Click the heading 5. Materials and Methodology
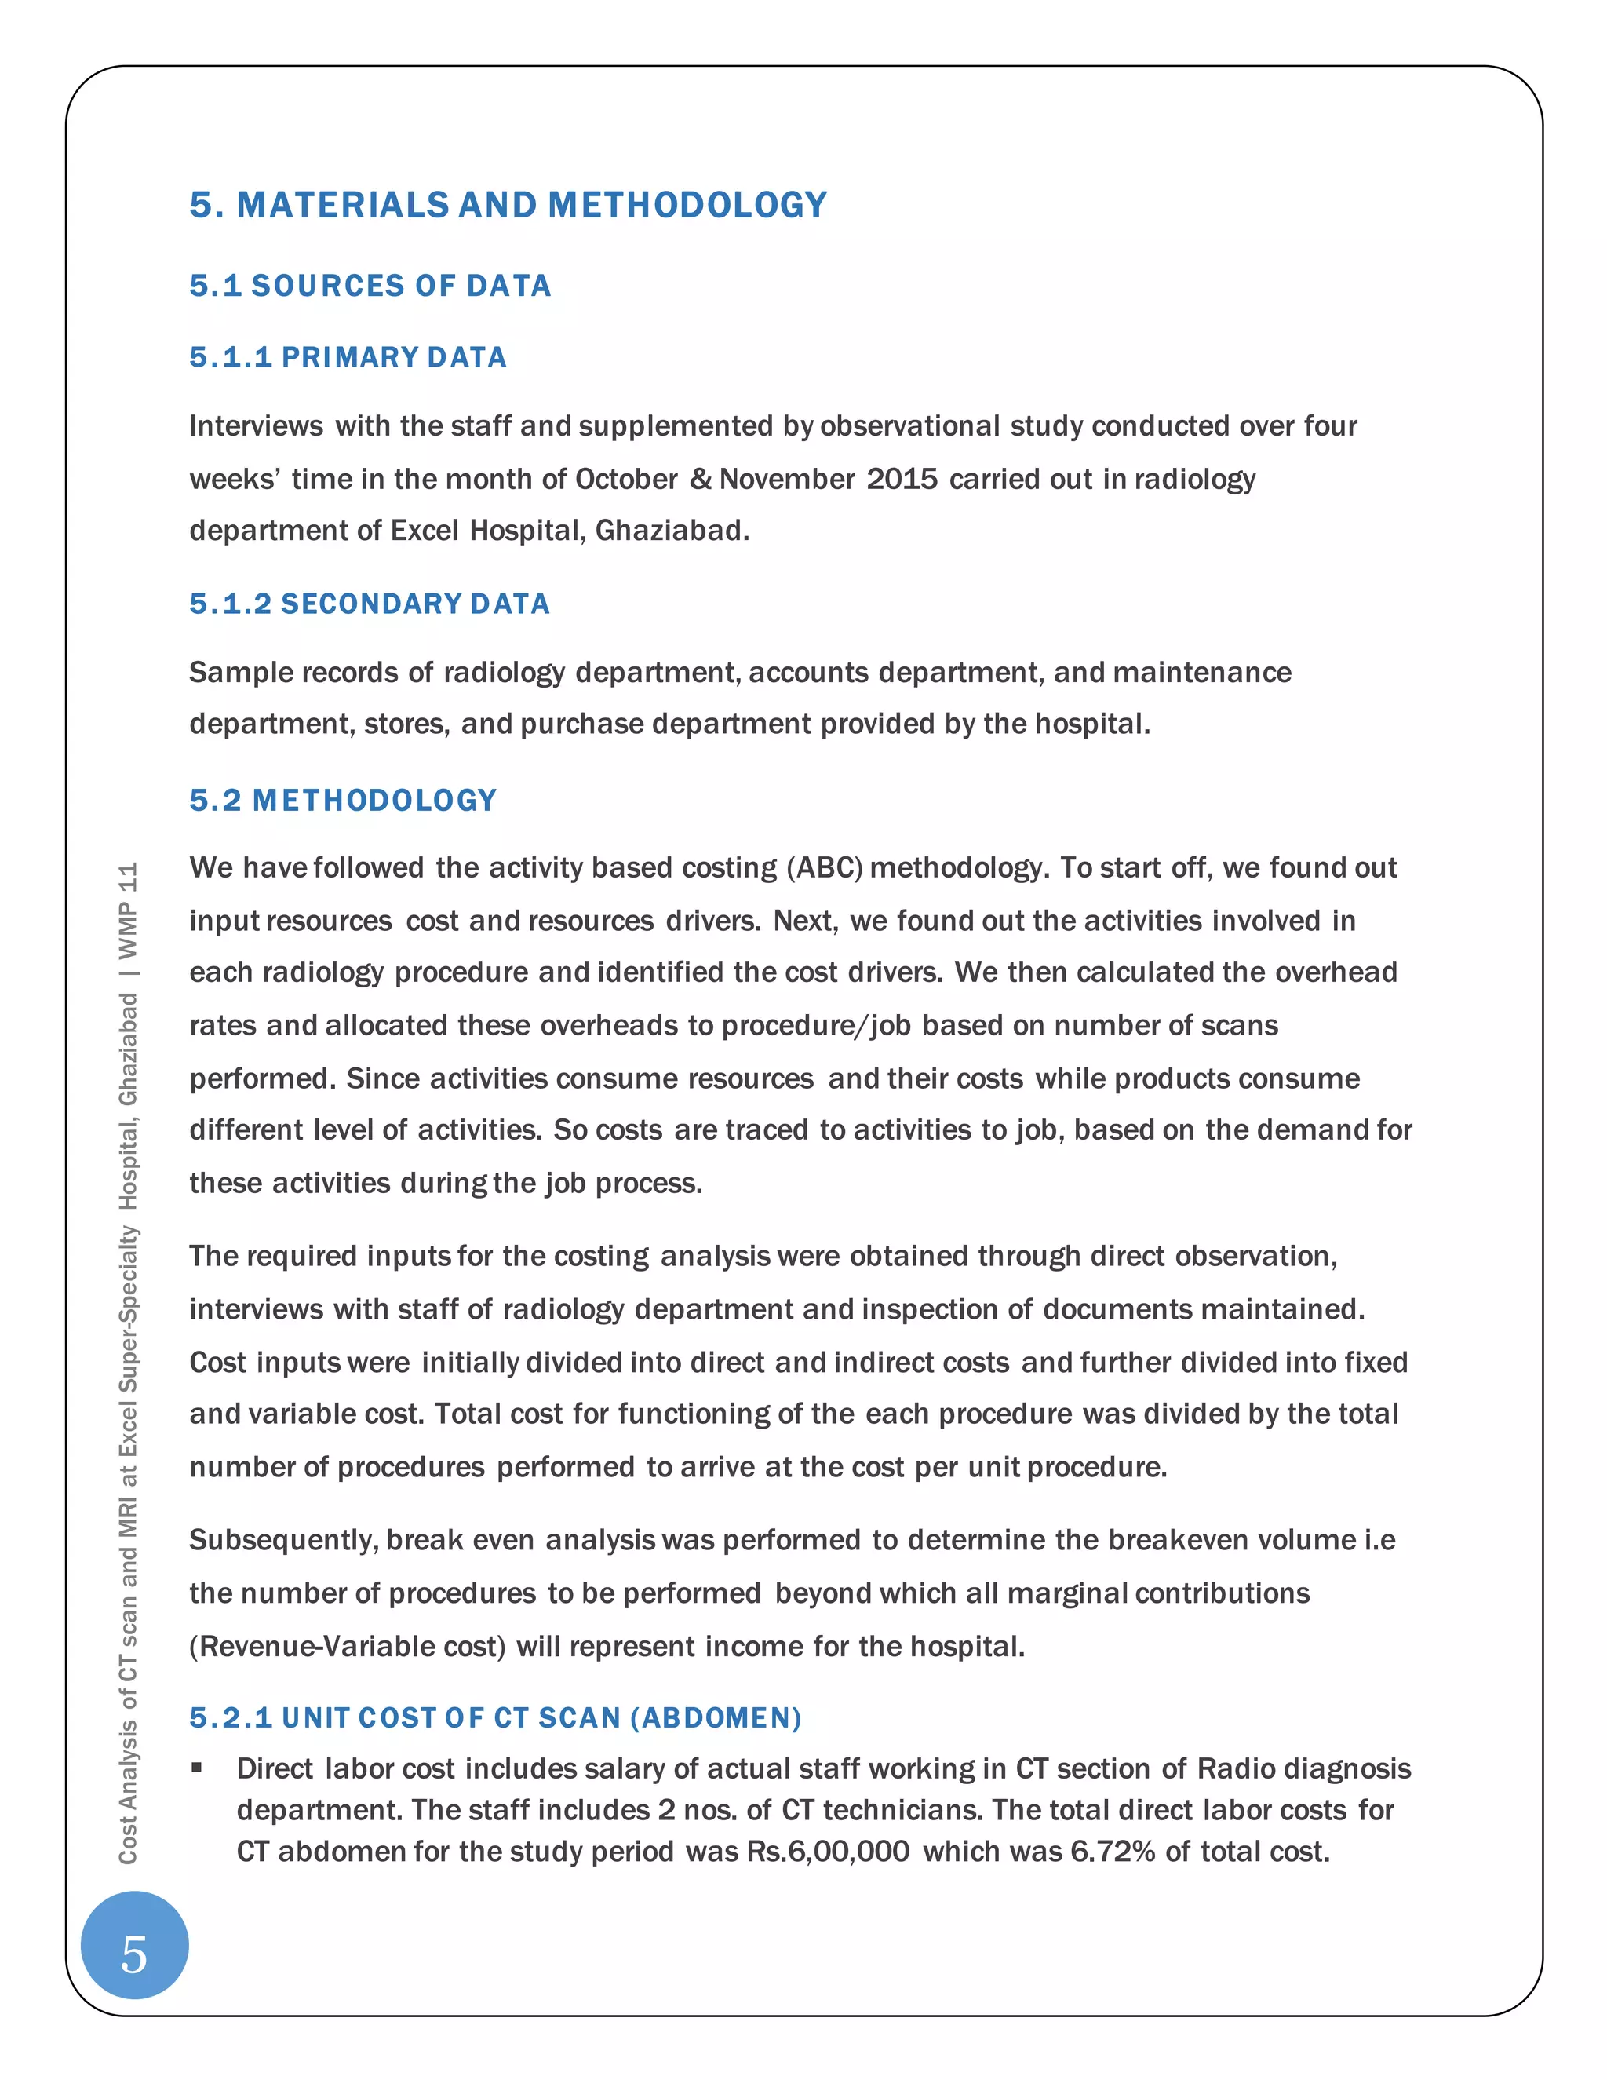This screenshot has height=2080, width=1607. click(x=508, y=205)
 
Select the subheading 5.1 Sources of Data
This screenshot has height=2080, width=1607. click(x=370, y=286)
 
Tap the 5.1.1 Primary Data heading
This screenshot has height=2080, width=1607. click(x=348, y=357)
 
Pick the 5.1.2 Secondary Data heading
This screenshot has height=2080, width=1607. click(x=370, y=604)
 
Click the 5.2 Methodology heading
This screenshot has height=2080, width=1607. click(x=343, y=800)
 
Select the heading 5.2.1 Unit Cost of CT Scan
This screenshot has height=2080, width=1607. click(x=495, y=1717)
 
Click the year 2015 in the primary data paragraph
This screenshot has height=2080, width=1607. click(x=902, y=478)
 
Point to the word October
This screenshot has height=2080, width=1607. click(x=626, y=478)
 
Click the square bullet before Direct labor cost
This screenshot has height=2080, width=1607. click(x=197, y=1768)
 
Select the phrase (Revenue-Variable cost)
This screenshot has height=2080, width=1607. click(x=348, y=1647)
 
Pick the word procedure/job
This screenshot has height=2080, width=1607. click(x=816, y=1026)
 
